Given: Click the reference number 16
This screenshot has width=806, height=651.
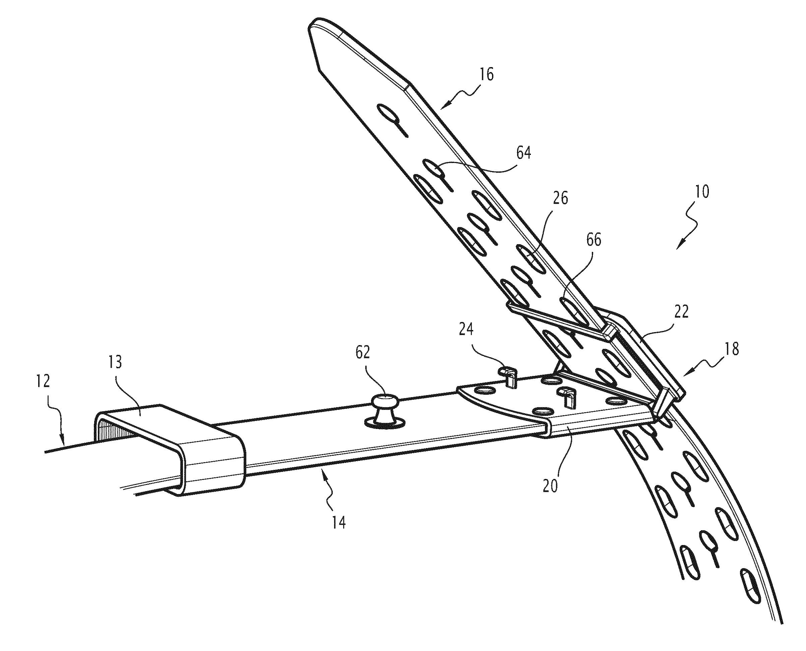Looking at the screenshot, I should pyautogui.click(x=486, y=74).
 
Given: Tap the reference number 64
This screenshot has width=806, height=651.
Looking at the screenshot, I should pyautogui.click(x=523, y=153).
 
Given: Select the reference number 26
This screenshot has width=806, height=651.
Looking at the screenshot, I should pyautogui.click(x=560, y=198).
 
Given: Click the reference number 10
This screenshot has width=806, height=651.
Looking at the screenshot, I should pyautogui.click(x=702, y=192).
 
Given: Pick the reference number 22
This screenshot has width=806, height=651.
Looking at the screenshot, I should pyautogui.click(x=681, y=311).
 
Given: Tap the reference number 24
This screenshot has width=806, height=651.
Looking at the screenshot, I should pyautogui.click(x=466, y=329).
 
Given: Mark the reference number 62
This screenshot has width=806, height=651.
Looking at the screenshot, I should pyautogui.click(x=362, y=352).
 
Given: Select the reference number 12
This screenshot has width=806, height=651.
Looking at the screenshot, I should pyautogui.click(x=43, y=381).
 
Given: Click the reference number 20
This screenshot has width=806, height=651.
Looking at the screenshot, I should pyautogui.click(x=550, y=486).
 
